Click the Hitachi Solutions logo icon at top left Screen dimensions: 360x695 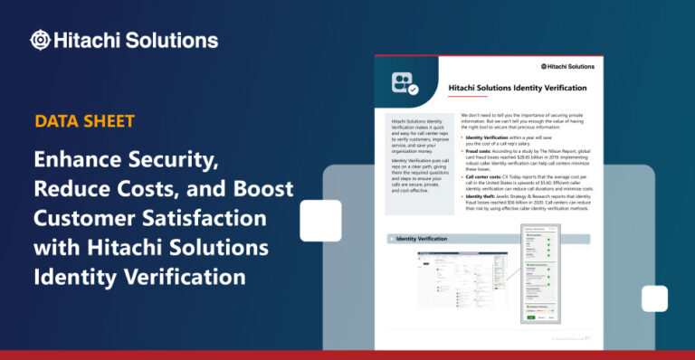[40, 40]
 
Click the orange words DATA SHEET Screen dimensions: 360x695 [85, 120]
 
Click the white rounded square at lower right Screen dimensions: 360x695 [654, 298]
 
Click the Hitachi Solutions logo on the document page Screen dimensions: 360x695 [564, 66]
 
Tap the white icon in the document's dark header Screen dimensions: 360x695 [404, 83]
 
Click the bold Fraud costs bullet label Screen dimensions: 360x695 [482, 148]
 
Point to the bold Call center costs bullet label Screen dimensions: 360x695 [489, 177]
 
